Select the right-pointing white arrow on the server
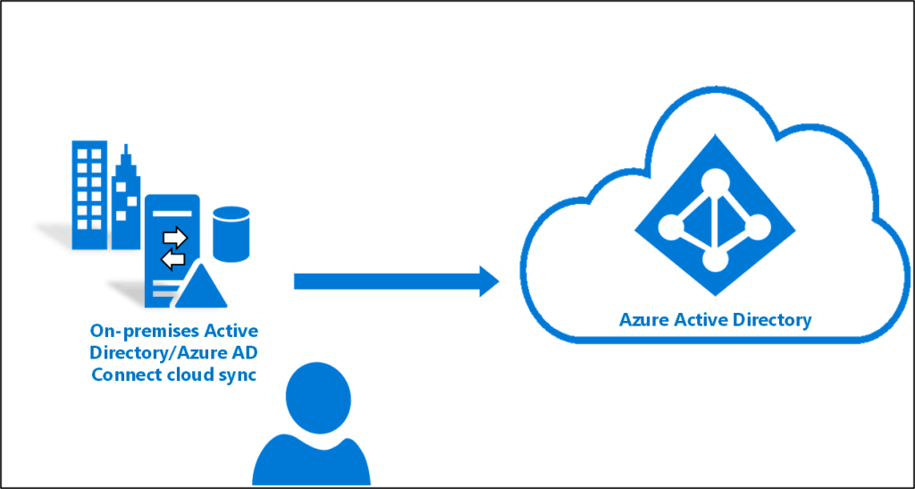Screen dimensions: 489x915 174,238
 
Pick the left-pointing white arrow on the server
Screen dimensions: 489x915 172,258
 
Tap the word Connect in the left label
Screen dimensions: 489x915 125,374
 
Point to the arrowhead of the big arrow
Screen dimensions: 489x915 488,280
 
